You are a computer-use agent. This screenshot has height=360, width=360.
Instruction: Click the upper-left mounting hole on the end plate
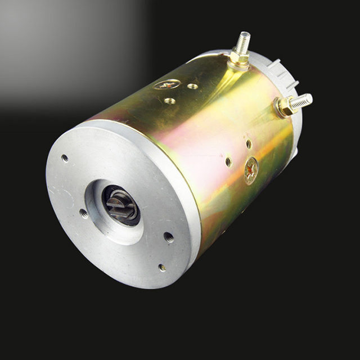click(x=65, y=158)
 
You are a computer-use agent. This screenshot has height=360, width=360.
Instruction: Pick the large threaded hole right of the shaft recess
click(x=168, y=236)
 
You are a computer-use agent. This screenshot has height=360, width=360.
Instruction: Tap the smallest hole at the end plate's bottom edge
click(x=161, y=268)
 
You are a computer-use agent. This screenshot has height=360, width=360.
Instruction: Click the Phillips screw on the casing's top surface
click(x=167, y=84)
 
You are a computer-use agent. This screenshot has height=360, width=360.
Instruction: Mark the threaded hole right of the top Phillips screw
click(x=192, y=87)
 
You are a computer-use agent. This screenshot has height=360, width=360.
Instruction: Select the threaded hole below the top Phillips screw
click(x=169, y=101)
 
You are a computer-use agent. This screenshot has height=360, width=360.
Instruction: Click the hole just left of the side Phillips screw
click(x=228, y=161)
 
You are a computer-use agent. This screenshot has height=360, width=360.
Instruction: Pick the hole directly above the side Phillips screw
click(x=249, y=143)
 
